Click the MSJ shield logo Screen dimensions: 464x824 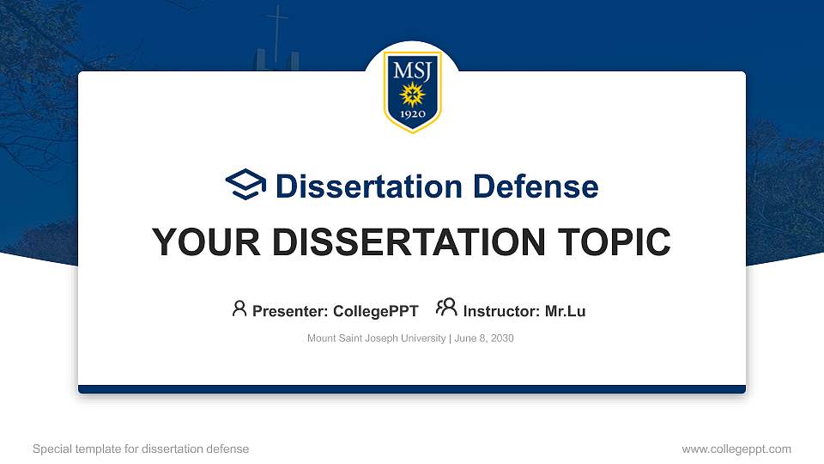pyautogui.click(x=412, y=91)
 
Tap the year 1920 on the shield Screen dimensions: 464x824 pyautogui.click(x=412, y=113)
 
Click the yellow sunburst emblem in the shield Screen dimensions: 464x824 pyautogui.click(x=412, y=93)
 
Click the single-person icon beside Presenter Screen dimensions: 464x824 pyautogui.click(x=239, y=308)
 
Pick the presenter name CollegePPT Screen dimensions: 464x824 pyautogui.click(x=375, y=311)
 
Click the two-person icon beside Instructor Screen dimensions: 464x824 pyautogui.click(x=446, y=308)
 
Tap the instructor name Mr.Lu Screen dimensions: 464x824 pyautogui.click(x=565, y=311)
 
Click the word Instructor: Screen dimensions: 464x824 pyautogui.click(x=501, y=311)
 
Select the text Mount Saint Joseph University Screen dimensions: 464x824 pyautogui.click(x=376, y=339)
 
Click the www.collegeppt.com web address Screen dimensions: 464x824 pyautogui.click(x=736, y=449)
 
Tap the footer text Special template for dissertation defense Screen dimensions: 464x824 pyautogui.click(x=141, y=449)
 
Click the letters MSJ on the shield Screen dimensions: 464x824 pyautogui.click(x=412, y=70)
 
